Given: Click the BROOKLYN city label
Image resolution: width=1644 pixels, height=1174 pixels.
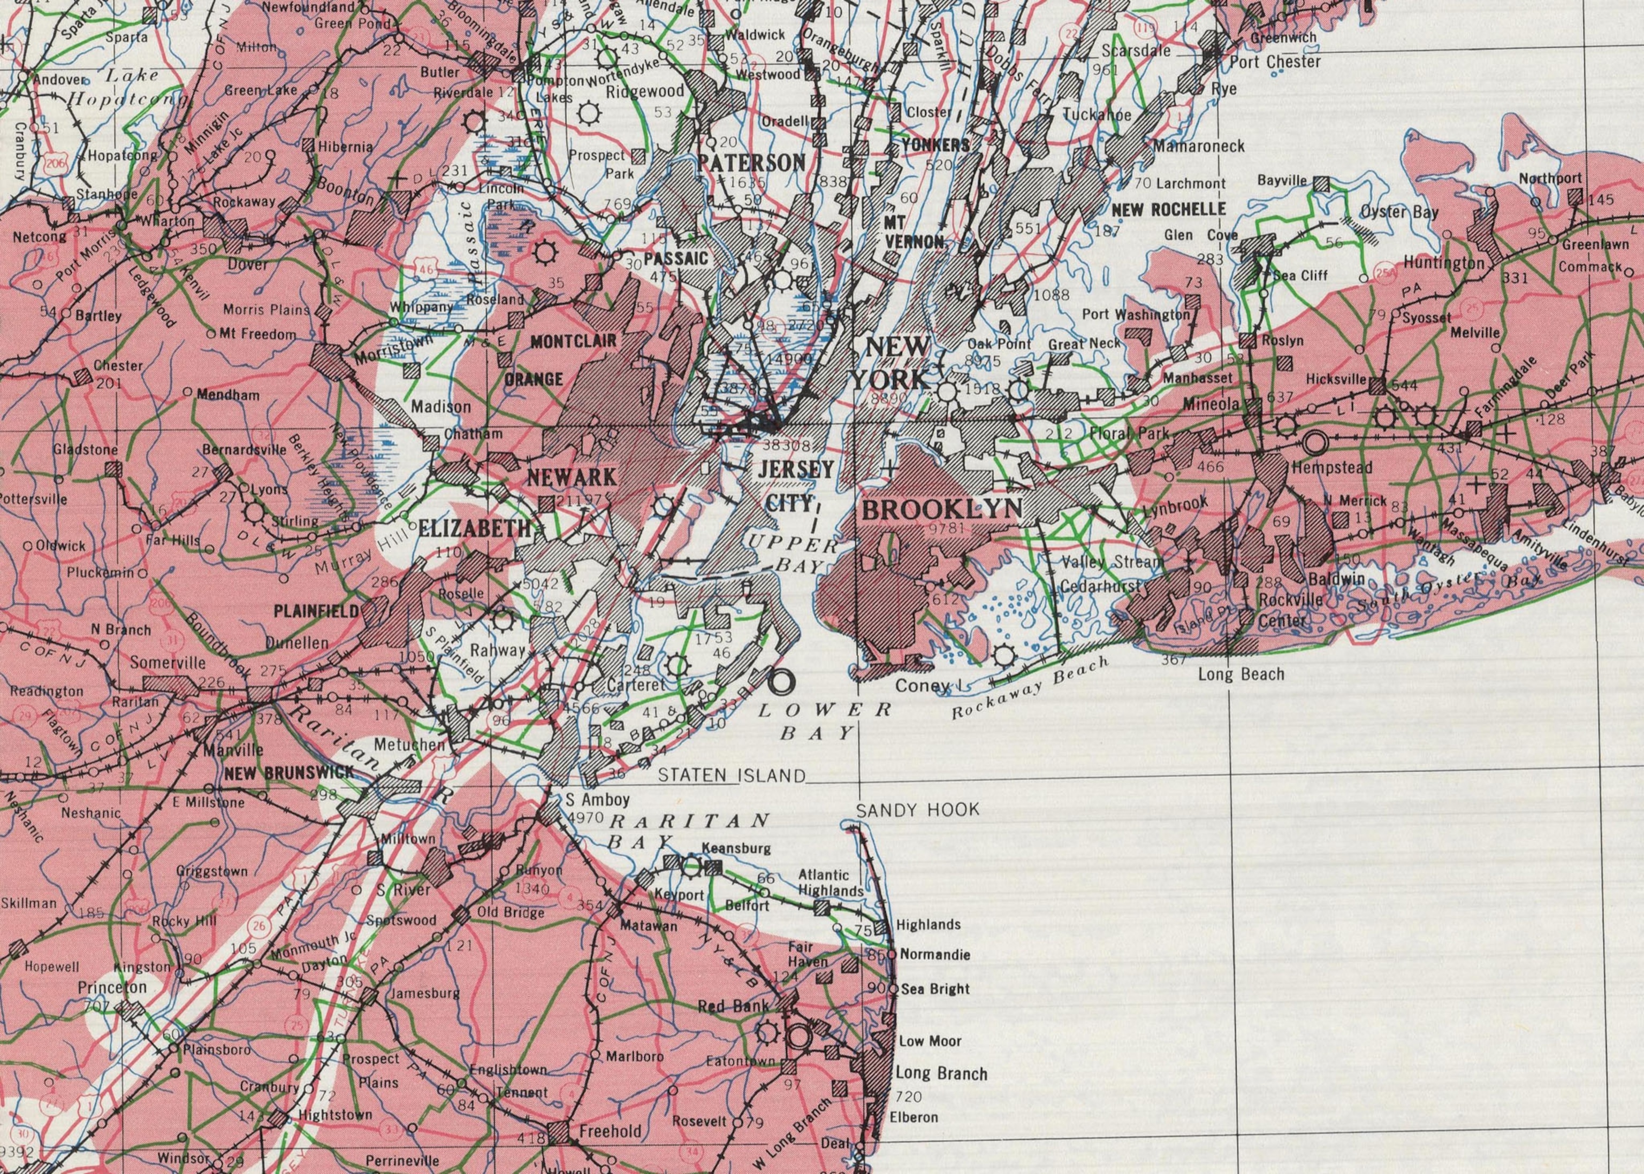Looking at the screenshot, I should [942, 510].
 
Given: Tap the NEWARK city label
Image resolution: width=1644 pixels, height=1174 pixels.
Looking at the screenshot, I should [572, 477].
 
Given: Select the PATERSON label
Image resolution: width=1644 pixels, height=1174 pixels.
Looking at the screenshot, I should [752, 163].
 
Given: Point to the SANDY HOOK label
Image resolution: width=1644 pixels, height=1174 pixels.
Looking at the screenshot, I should [918, 810].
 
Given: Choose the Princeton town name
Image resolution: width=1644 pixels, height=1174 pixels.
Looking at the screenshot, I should [112, 987].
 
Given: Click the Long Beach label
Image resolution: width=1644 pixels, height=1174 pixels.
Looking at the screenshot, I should [1241, 674].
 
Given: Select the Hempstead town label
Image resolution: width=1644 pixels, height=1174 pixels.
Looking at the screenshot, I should [1331, 467].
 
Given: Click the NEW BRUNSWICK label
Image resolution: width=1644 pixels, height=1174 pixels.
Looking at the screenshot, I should [288, 773].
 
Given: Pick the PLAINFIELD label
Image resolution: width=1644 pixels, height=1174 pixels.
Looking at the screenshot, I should [316, 611].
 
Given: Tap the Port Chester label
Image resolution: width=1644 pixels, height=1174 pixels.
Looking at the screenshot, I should [1275, 62].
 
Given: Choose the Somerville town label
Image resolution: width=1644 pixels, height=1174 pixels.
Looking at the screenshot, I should [168, 662].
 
